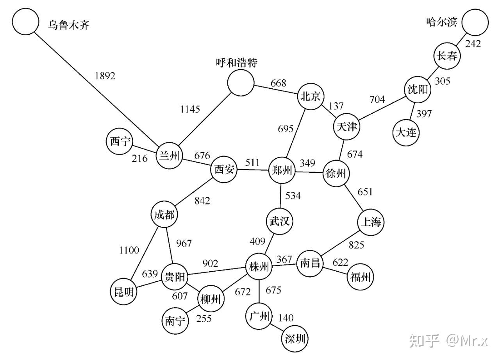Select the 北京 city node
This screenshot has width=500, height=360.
[311, 97]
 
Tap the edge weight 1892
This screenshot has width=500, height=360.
[105, 76]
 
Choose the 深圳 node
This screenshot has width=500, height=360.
[295, 339]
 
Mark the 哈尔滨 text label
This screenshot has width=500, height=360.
[441, 22]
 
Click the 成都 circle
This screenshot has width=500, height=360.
[164, 215]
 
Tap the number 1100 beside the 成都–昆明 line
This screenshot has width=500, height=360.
[129, 250]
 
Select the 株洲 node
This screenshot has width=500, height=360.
[259, 267]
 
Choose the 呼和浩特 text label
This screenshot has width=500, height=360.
[237, 63]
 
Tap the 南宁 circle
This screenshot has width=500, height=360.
[175, 321]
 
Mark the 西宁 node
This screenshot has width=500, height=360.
[120, 142]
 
